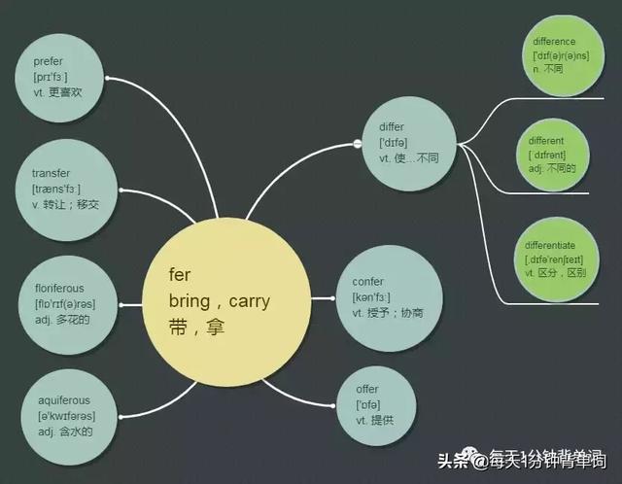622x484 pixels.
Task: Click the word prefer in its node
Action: pyautogui.click(x=49, y=61)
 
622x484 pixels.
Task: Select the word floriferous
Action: pyautogui.click(x=59, y=289)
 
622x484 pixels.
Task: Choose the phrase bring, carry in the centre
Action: pyautogui.click(x=219, y=301)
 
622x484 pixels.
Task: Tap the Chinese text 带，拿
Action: pyautogui.click(x=196, y=328)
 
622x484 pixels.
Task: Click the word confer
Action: pyautogui.click(x=368, y=282)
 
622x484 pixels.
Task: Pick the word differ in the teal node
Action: pyautogui.click(x=392, y=127)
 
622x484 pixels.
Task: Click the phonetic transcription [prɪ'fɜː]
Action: pyautogui.click(x=51, y=77)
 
